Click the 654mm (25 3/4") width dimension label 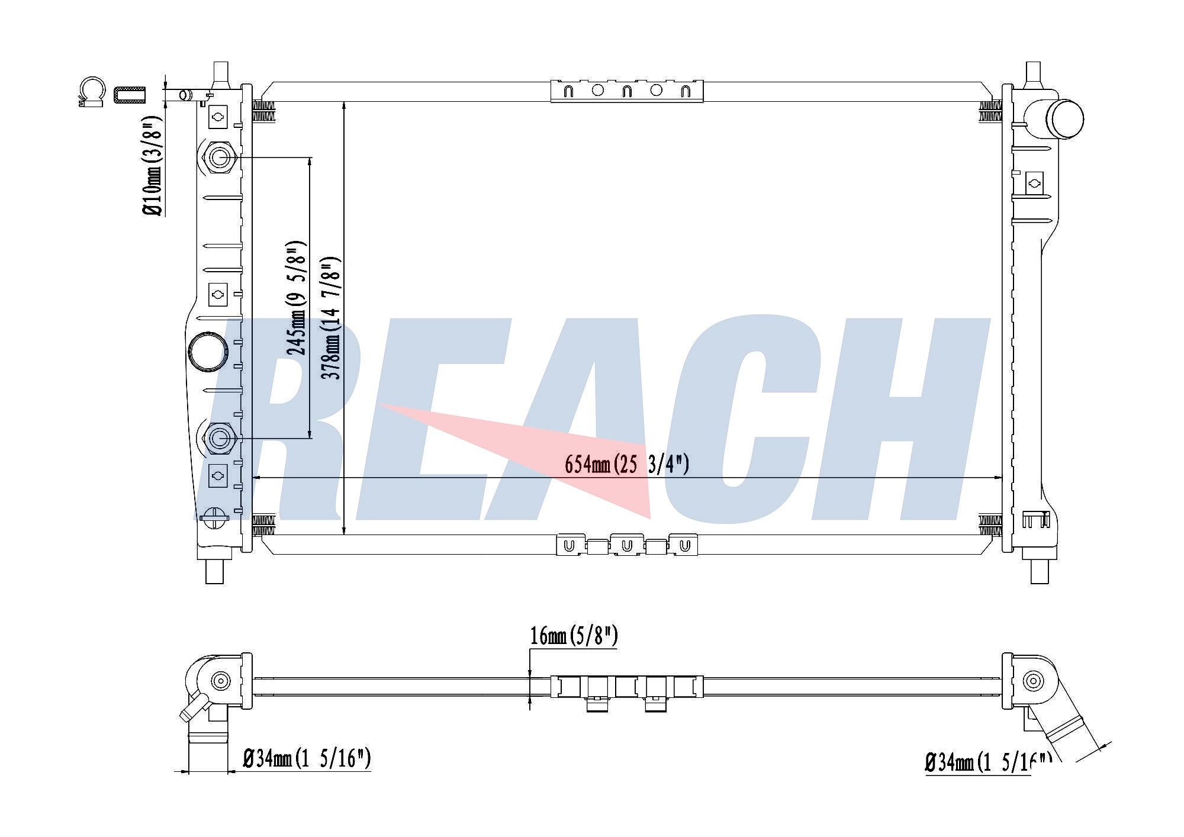point(627,464)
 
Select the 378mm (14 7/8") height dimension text point(330,318)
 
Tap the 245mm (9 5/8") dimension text point(295,298)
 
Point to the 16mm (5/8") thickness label point(574,636)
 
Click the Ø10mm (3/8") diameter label point(152,166)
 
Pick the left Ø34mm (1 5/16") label point(307,758)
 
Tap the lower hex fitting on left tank point(220,439)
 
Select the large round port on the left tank point(208,352)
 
